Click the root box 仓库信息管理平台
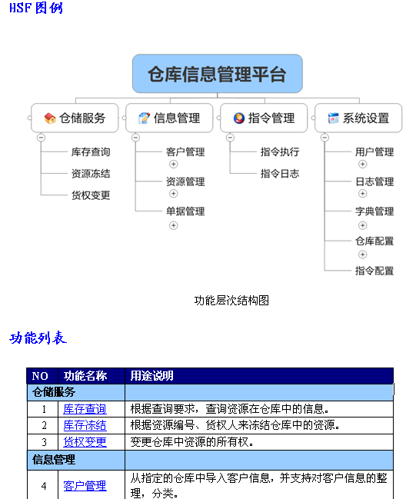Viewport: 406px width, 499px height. pyautogui.click(x=218, y=74)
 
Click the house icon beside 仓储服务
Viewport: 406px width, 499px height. pyautogui.click(x=50, y=118)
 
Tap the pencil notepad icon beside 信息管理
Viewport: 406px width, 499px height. pyautogui.click(x=144, y=118)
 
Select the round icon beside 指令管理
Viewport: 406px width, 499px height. pyautogui.click(x=239, y=118)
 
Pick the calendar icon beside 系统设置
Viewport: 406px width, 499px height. pyautogui.click(x=334, y=118)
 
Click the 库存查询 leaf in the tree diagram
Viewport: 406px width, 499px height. pyautogui.click(x=91, y=151)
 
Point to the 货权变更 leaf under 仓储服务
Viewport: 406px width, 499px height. pyautogui.click(x=91, y=195)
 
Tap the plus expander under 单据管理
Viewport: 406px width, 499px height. pyautogui.click(x=174, y=225)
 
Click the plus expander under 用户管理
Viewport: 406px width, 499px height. pyautogui.click(x=362, y=164)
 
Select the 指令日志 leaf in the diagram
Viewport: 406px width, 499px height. pyautogui.click(x=280, y=174)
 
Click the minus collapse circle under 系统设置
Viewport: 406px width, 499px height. pyautogui.click(x=324, y=138)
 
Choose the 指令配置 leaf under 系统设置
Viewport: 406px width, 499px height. pyautogui.click(x=374, y=271)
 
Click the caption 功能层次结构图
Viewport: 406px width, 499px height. pyautogui.click(x=231, y=300)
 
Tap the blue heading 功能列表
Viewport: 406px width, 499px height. pyautogui.click(x=38, y=338)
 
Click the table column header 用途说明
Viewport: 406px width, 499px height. pyautogui.click(x=151, y=376)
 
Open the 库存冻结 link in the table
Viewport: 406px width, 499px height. pyautogui.click(x=85, y=425)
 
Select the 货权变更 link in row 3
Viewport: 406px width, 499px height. pyautogui.click(x=85, y=442)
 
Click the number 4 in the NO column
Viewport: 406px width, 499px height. pyautogui.click(x=44, y=486)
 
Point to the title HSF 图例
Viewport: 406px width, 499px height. pyautogui.click(x=36, y=8)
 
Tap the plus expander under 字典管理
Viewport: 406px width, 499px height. pyautogui.click(x=362, y=225)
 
